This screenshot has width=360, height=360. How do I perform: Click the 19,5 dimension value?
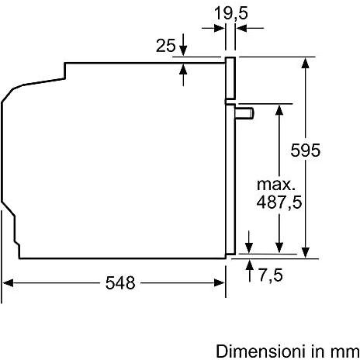(231, 13)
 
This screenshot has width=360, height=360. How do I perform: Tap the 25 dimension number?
(166, 46)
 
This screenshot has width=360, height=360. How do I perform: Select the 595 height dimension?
(305, 150)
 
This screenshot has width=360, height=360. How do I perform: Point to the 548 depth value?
(120, 282)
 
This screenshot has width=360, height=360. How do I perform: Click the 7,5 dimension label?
(271, 275)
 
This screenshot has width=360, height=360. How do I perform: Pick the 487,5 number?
(279, 202)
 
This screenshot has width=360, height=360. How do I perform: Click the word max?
(276, 185)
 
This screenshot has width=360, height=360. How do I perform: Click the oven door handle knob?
(244, 113)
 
